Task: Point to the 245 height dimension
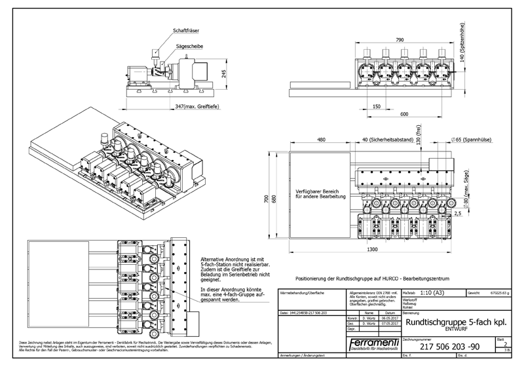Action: (224, 74)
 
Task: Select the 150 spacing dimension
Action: (375, 106)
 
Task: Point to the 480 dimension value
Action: (321, 140)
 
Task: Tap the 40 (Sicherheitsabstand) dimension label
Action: (386, 140)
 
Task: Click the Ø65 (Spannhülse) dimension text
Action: (470, 140)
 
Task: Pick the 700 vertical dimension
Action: (267, 199)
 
